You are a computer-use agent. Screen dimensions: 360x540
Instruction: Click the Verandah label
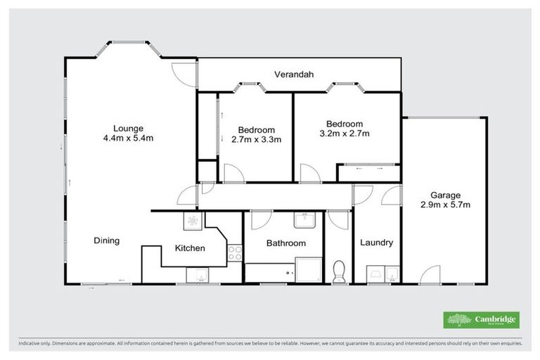tap(294, 74)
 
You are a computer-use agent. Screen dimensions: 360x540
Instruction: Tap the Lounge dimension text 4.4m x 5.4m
tap(129, 139)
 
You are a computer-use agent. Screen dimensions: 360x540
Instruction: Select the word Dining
tap(107, 240)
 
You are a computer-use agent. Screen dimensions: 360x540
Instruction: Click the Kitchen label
tap(190, 248)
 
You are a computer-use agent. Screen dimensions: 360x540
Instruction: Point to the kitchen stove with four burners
tap(235, 254)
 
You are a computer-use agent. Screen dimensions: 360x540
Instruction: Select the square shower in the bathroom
tap(308, 269)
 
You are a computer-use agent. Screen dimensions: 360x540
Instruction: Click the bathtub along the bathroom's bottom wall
tap(268, 272)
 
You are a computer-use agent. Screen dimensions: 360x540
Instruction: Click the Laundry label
tap(376, 243)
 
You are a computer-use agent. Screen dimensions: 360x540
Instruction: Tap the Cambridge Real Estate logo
tap(481, 320)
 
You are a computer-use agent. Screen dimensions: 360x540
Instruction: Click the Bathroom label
tap(285, 243)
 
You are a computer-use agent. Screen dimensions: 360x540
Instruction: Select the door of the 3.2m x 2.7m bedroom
tap(309, 173)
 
